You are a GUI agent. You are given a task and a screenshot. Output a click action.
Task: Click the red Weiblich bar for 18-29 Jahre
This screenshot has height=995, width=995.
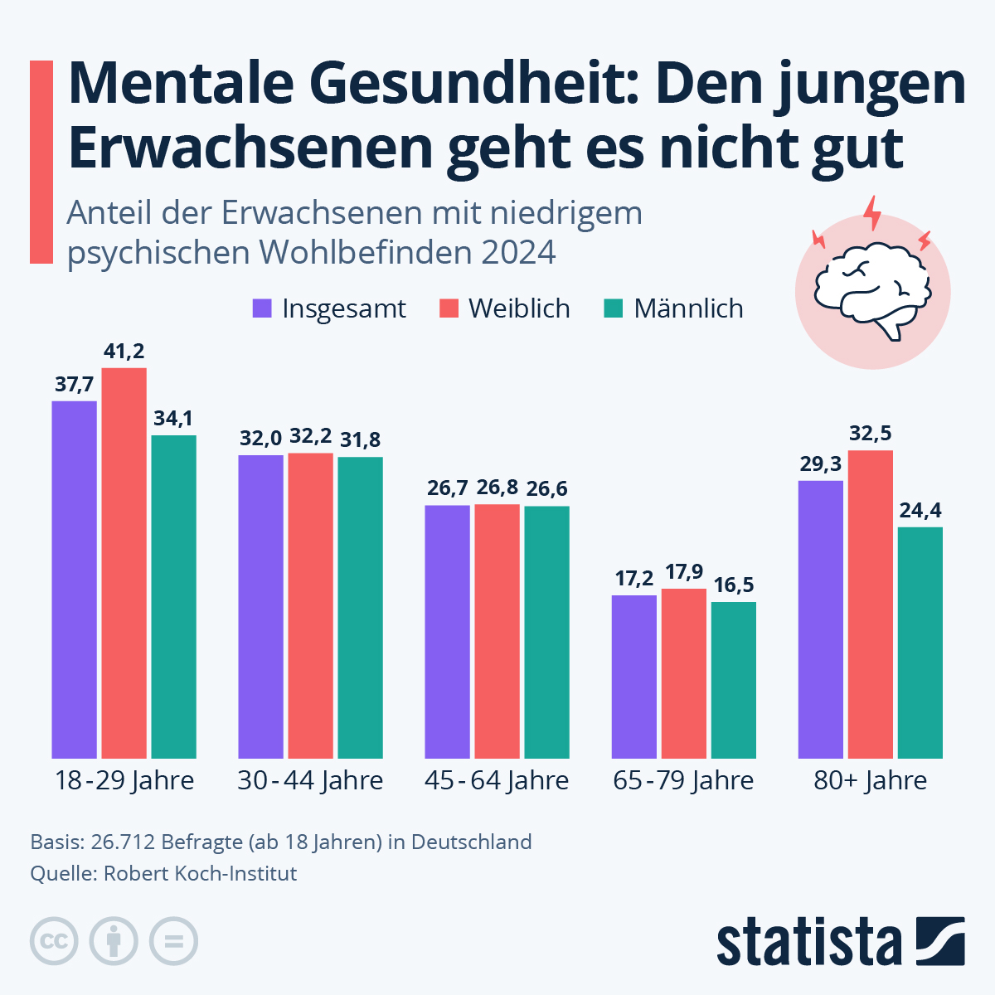click(x=124, y=564)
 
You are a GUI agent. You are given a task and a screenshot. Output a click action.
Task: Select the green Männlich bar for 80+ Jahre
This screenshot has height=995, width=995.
click(x=920, y=643)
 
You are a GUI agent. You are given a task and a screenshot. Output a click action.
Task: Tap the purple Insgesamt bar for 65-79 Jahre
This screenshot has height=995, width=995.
click(x=634, y=676)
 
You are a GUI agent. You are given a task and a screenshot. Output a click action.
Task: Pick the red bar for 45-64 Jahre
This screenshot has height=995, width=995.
click(x=498, y=630)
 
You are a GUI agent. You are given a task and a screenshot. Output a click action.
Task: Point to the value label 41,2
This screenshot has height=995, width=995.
click(x=124, y=352)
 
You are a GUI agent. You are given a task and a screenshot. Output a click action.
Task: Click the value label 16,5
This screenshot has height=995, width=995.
click(x=734, y=585)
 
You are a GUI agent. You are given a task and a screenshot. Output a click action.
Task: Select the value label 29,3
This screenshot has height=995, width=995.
click(x=821, y=464)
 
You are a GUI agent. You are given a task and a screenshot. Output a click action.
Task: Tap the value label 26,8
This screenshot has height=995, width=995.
click(x=498, y=488)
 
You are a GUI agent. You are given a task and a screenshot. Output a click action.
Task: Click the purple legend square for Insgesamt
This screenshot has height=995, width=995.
click(x=262, y=308)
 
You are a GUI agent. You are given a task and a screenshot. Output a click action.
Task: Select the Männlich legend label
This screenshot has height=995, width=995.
click(x=688, y=308)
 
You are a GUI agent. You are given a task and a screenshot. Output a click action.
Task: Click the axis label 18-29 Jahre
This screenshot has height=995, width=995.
click(x=124, y=780)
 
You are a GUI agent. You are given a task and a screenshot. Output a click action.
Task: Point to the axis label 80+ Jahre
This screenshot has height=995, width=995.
click(x=871, y=780)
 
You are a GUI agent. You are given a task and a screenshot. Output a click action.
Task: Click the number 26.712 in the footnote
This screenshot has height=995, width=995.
click(x=123, y=842)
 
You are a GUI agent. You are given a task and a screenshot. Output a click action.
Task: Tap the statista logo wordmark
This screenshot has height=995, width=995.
click(x=808, y=942)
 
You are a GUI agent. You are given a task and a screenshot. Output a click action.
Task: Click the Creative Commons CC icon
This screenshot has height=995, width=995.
click(x=55, y=942)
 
